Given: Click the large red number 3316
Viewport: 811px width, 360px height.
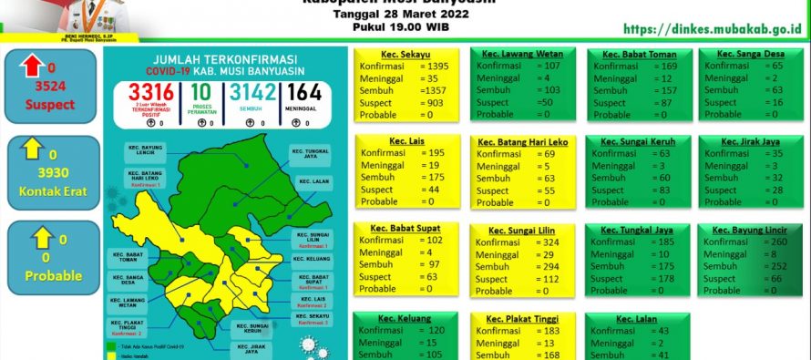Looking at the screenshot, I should click(x=151, y=95).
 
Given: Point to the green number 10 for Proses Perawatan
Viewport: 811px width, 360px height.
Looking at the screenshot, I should click(x=201, y=95).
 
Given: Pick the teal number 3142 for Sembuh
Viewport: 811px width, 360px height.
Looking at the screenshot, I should click(x=252, y=95).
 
